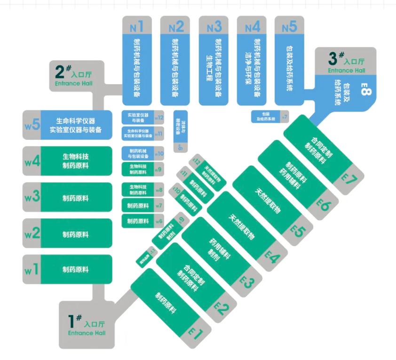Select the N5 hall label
point(289,27)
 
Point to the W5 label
point(32,126)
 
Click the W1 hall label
point(32,270)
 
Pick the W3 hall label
point(32,197)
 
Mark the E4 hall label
point(272,256)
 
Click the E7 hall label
point(349,178)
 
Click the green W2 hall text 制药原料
point(76,234)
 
